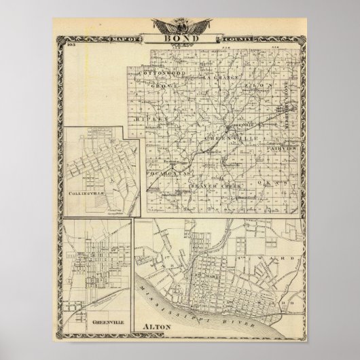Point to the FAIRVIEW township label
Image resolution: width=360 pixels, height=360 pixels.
click(x=278, y=147)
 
